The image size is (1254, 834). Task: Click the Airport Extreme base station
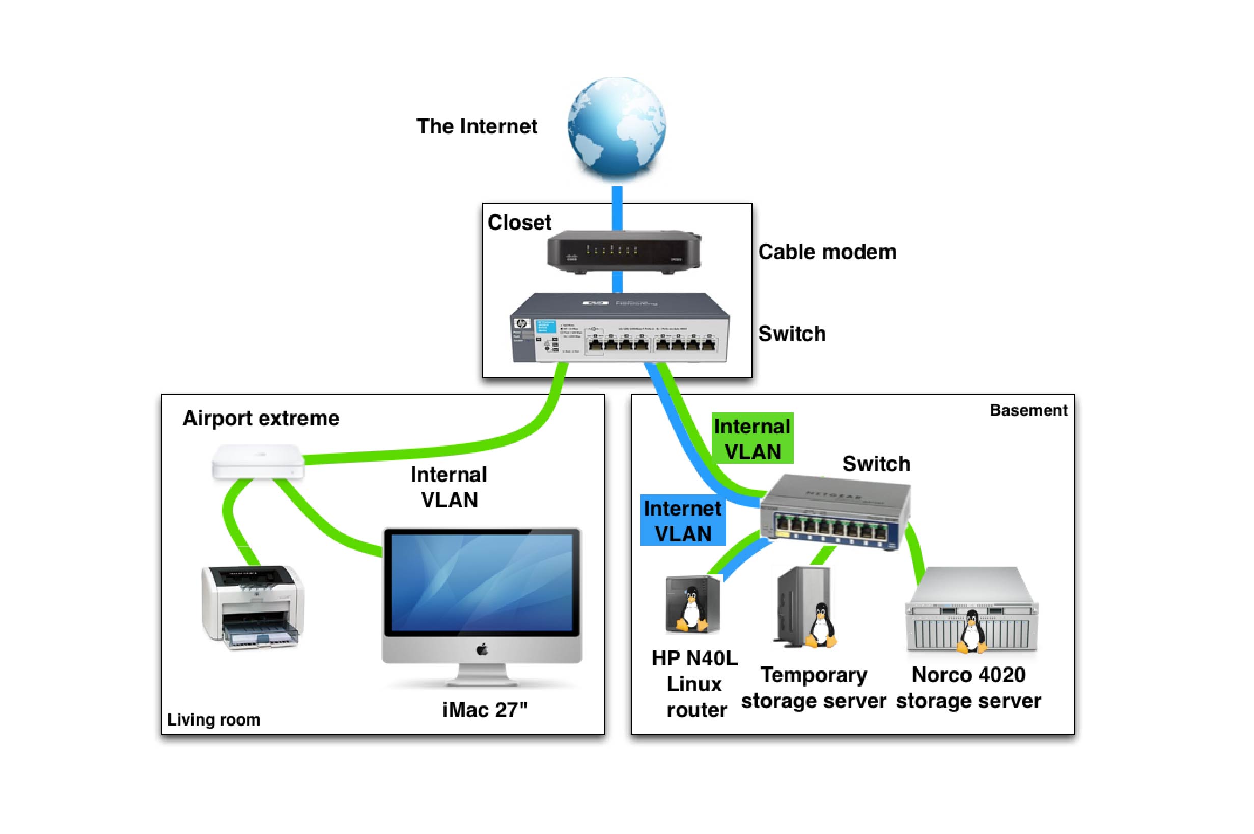(x=258, y=462)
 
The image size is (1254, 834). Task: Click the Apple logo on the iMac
(x=482, y=650)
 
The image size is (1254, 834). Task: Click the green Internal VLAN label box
(x=752, y=438)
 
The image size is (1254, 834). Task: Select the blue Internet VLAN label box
(x=683, y=521)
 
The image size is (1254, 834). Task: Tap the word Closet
(x=519, y=223)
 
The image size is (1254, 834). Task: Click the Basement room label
(x=1028, y=410)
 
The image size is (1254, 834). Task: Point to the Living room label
(x=213, y=719)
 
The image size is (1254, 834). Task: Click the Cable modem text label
(x=827, y=252)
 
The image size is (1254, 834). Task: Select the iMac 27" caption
(x=485, y=710)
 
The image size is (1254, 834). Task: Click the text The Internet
(x=477, y=127)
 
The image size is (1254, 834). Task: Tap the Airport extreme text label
(x=261, y=418)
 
